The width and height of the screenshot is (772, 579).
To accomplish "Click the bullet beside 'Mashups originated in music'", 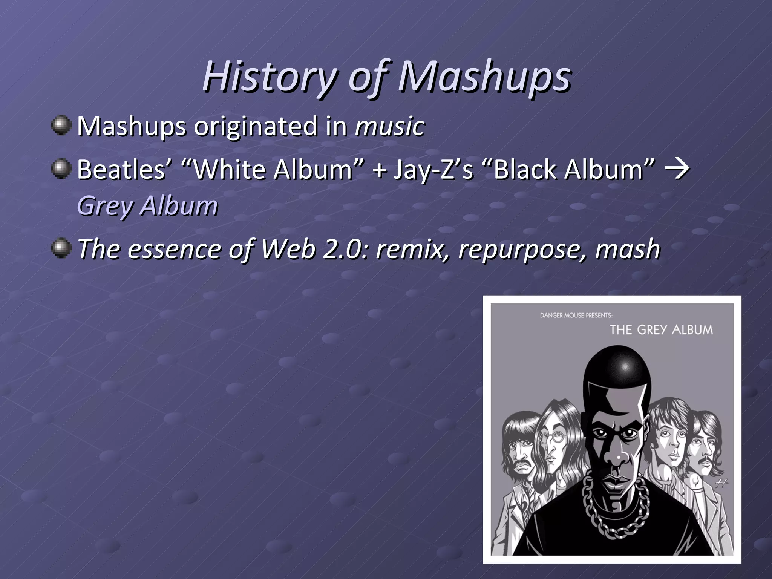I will [61, 125].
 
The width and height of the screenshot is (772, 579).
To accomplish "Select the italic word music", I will [390, 126].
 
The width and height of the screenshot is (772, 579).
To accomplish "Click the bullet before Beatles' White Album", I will [61, 168].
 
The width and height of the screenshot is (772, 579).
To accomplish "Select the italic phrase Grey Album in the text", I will [147, 206].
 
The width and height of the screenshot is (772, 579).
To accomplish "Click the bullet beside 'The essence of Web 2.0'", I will [61, 248].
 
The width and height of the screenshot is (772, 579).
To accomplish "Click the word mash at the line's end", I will [627, 249].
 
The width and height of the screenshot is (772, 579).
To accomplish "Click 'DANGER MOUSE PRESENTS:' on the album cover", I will [576, 315].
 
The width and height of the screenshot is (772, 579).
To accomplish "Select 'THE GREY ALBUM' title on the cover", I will [661, 330].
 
